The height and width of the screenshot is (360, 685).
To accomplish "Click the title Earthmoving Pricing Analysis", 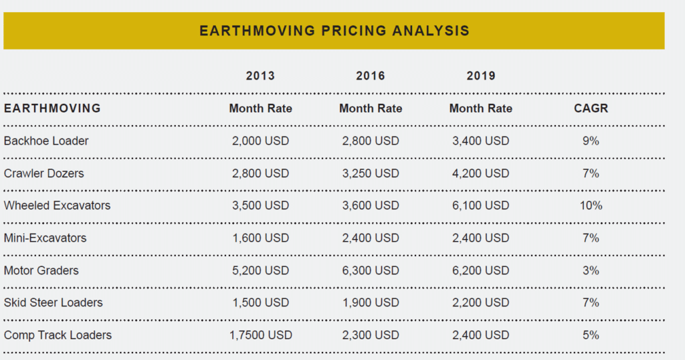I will coord(334,31).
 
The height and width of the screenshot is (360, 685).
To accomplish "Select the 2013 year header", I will coord(260,76).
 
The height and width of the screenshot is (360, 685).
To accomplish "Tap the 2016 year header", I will coord(371,76).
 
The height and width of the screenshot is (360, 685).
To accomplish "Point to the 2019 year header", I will coord(481,76).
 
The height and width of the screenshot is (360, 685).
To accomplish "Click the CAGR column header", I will coord(591,108).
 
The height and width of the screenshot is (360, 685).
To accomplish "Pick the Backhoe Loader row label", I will coord(46,141).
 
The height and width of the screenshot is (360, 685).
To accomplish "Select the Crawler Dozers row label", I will coord(44,173).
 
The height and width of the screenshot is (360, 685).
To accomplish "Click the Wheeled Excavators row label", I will coord(57,205).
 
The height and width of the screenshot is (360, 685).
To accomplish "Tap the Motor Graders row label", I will coord(41,270).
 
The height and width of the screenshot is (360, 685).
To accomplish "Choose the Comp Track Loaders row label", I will coord(58,335).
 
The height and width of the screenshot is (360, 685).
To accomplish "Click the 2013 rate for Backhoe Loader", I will coord(260,141).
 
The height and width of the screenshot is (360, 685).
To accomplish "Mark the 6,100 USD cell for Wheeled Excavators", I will coord(480,205).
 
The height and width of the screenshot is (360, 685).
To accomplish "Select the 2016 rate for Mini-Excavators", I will coord(371,238).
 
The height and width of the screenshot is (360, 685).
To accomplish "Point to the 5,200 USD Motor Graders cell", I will coord(260,270).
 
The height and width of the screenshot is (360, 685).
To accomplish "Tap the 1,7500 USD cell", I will coord(260,335).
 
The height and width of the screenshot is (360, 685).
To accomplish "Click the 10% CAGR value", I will coord(591,205).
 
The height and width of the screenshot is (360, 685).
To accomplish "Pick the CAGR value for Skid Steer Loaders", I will coord(591,302).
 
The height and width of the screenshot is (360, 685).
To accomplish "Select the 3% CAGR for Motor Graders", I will coord(591,270).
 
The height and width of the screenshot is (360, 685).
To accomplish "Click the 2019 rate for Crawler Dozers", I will coord(480,173).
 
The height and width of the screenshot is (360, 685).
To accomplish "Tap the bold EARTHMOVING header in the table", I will coord(52,108).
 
